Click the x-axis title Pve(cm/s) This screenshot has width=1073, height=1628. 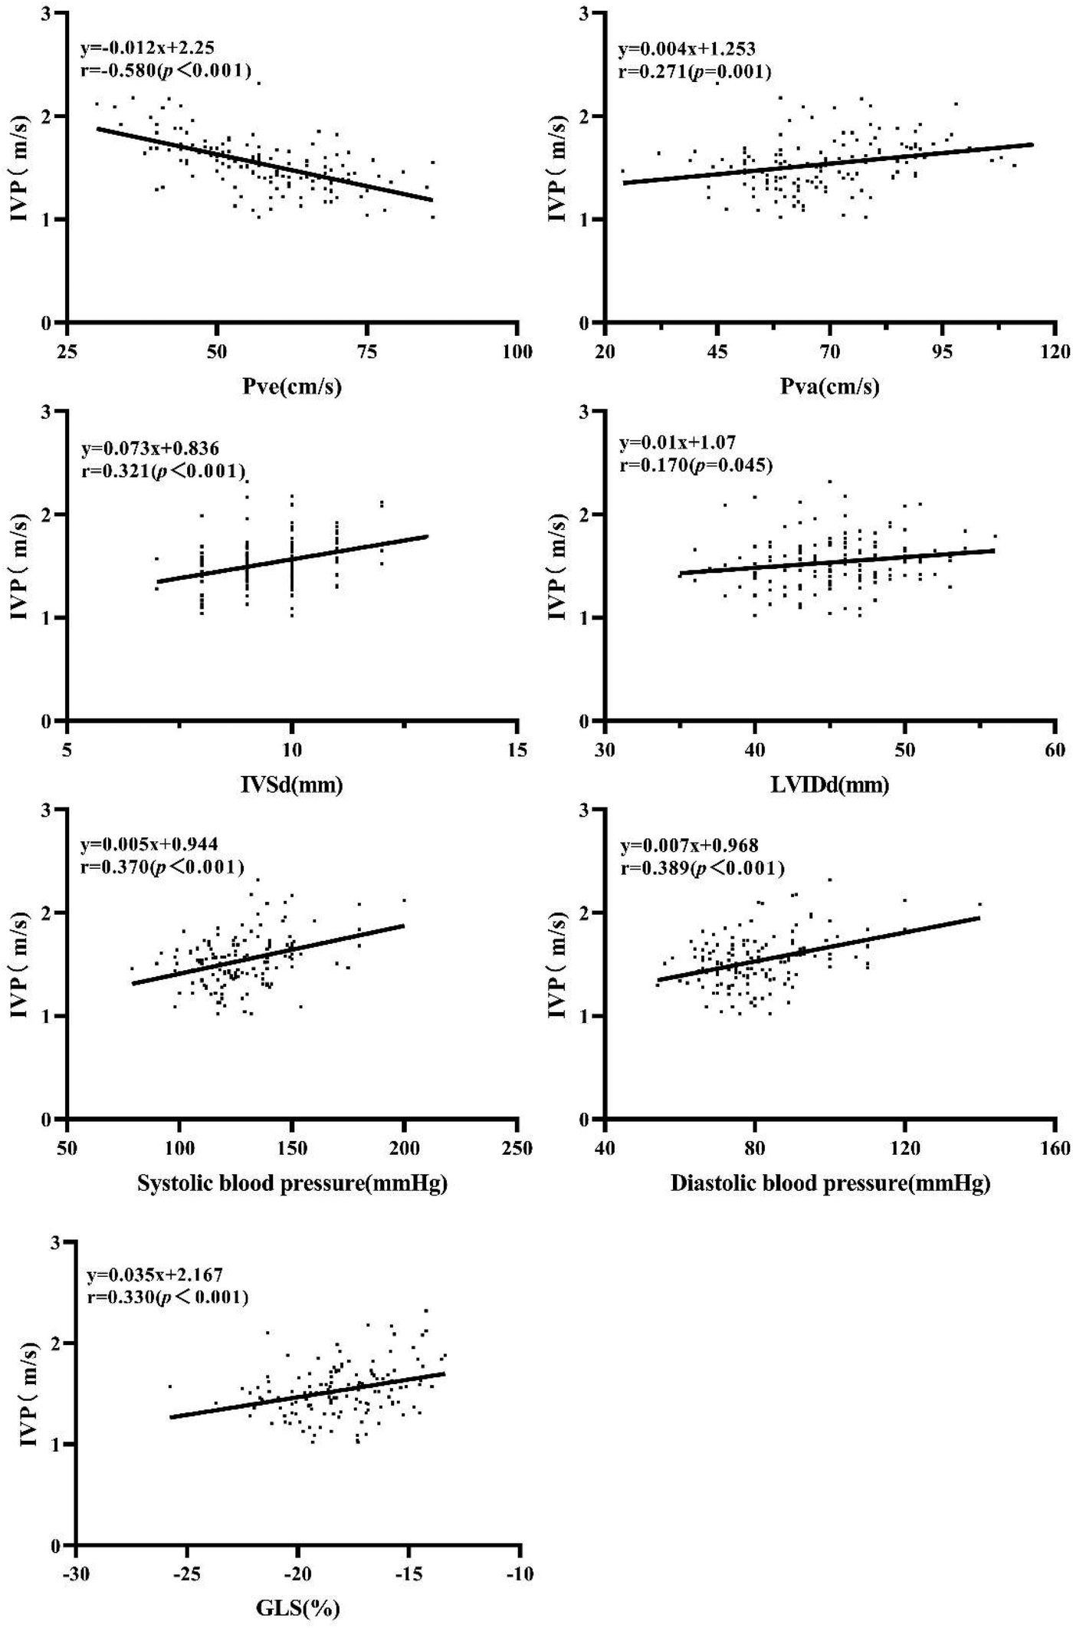(x=292, y=387)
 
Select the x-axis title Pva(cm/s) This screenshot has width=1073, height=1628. (x=830, y=387)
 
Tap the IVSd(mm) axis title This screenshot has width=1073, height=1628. (x=292, y=784)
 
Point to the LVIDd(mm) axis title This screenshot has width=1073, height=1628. (x=830, y=784)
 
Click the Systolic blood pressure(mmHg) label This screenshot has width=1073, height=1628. (x=292, y=1183)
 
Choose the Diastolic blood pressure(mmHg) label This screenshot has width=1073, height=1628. (x=830, y=1183)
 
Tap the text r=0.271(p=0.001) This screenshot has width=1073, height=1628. (x=694, y=72)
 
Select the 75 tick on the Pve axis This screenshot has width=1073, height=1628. (x=368, y=352)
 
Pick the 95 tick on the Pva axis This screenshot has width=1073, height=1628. (x=943, y=352)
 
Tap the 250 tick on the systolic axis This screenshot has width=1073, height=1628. (x=518, y=1148)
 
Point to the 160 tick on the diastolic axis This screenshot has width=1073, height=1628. (x=1055, y=1148)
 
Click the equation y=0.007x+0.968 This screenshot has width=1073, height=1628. (x=689, y=846)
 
